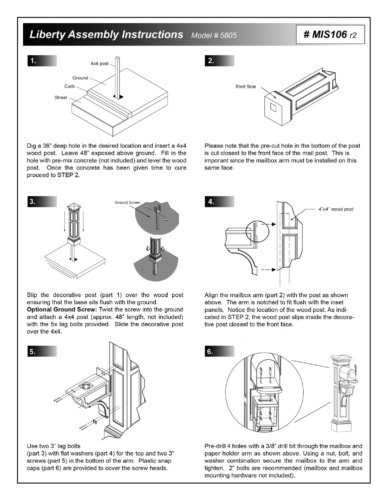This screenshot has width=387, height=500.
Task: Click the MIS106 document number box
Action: [x=330, y=34]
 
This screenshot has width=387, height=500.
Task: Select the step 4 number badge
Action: [x=211, y=202]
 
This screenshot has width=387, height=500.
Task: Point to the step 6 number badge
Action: [x=210, y=351]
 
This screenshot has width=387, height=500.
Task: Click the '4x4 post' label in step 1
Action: [x=99, y=64]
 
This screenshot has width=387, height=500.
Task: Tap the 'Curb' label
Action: [x=70, y=86]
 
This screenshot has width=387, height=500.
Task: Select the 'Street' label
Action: [x=61, y=98]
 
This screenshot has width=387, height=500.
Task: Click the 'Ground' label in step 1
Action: [x=80, y=78]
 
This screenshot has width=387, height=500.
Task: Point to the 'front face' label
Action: [x=245, y=86]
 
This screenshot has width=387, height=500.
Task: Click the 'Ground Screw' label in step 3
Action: [x=127, y=203]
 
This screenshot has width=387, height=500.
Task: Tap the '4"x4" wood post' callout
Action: [x=336, y=209]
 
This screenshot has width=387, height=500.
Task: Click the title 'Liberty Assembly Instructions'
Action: [x=106, y=34]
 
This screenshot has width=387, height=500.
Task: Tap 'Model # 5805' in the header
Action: [x=214, y=35]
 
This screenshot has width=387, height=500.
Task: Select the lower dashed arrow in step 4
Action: [x=270, y=270]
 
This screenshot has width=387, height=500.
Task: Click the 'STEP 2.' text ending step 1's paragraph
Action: [x=69, y=175]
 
